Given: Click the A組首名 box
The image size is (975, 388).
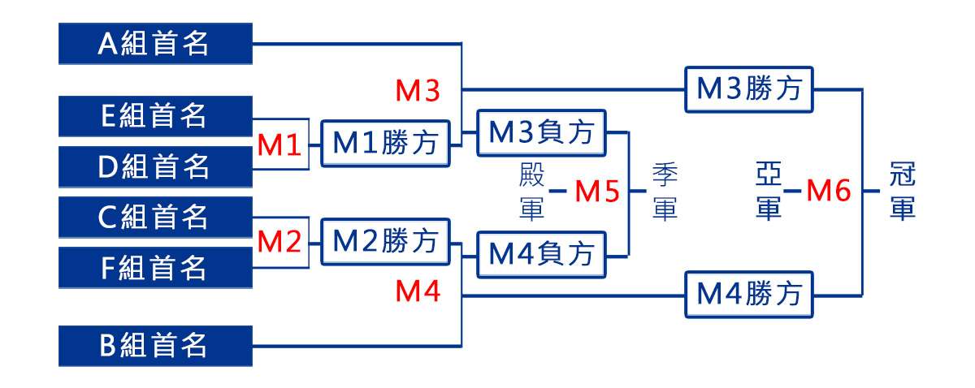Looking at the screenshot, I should coord(155,44).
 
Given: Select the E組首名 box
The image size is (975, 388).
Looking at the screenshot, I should coord(155,116).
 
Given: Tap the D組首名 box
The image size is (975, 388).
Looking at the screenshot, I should coord(155,166).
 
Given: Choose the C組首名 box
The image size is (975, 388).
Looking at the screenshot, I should coord(155,217).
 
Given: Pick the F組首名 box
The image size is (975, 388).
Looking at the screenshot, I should coord(155,267).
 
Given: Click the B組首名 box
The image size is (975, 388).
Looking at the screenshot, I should coord(155,346).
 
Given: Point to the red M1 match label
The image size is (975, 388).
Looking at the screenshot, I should coord(279,146).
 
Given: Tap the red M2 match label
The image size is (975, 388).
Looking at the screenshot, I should coord(279,242).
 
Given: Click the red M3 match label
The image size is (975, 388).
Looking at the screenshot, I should coord(418,92).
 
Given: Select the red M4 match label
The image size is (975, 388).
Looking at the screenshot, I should coord(418,291).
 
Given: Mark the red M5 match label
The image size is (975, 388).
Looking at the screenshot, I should coord(597,192).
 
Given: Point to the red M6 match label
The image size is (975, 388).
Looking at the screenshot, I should coord(828,192).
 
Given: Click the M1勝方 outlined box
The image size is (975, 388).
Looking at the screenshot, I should coord(386,144).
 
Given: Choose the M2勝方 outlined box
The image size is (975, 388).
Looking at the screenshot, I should coord(386,241).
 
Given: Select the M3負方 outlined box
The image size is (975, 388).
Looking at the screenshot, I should coord(542,132).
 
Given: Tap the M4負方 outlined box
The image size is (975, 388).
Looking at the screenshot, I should coord(542,254).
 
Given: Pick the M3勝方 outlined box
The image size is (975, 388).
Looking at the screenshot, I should coord(750,88).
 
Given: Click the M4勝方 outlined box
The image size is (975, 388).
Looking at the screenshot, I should coord(750,294).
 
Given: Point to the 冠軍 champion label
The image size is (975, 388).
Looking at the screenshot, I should coord(902,192).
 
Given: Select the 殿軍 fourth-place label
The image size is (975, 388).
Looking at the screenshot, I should coord(531,192).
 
